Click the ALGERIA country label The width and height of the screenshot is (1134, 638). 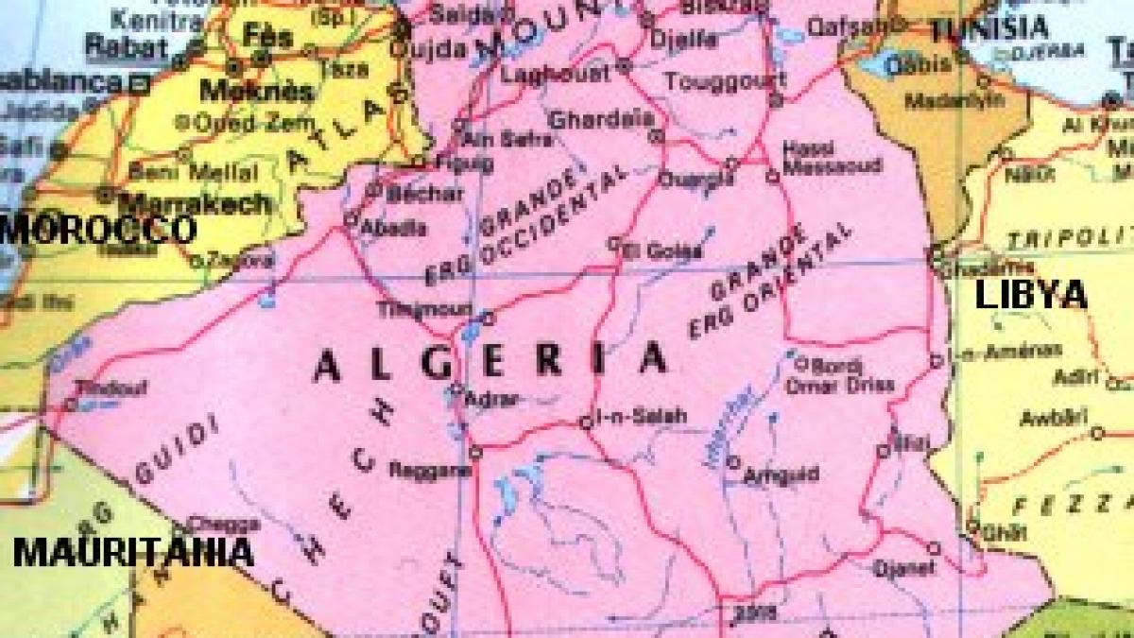[490, 362]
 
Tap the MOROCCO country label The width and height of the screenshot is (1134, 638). [98, 229]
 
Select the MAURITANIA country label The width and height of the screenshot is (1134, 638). [133, 552]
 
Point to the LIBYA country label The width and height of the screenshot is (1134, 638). [1030, 295]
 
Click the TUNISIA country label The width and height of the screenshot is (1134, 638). [988, 28]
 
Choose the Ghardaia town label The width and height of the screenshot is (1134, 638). [601, 120]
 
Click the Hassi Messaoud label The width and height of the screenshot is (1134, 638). [832, 158]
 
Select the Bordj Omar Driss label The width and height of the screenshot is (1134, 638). [839, 374]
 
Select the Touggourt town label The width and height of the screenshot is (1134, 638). [713, 81]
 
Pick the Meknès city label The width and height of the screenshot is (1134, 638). [242, 92]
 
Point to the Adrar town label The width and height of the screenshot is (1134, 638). [493, 400]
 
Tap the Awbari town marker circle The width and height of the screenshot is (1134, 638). [1097, 433]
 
